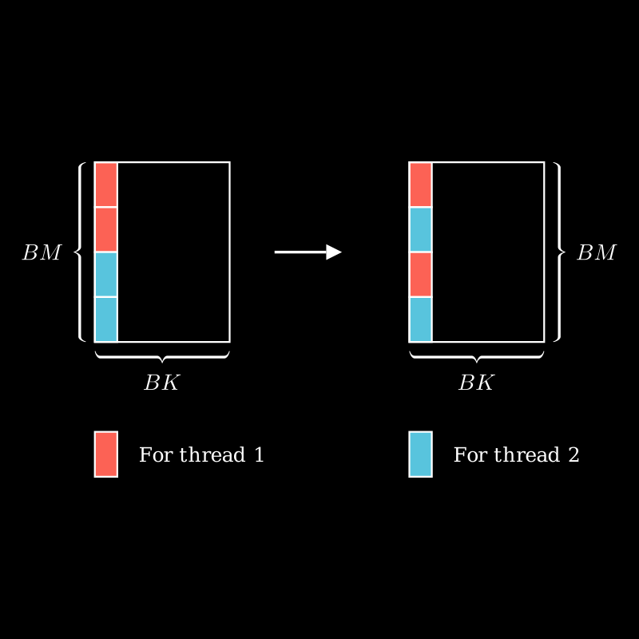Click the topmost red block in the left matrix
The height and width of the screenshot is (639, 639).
pos(106,185)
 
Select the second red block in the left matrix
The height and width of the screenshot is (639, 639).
pos(106,229)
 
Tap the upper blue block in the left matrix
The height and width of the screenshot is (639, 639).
pos(106,274)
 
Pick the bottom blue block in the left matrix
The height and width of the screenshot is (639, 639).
pos(106,319)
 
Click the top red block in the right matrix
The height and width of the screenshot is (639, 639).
pos(421,185)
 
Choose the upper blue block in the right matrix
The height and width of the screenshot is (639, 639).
pos(421,229)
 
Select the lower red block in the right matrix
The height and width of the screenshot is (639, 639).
pos(421,274)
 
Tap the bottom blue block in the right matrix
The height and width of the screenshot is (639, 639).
pos(421,319)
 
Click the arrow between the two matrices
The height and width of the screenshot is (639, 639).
pos(308,252)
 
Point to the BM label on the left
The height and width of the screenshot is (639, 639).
pos(42,253)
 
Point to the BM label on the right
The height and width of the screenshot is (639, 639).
pos(597,253)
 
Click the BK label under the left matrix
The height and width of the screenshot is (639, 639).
pos(161,383)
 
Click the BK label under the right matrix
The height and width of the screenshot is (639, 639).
pos(476,383)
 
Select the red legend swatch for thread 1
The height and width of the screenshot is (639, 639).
pos(106,454)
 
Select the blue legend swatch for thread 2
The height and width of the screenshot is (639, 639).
pos(421,454)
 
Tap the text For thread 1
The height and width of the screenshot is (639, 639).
pos(201,455)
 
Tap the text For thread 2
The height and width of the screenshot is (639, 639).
pos(516,455)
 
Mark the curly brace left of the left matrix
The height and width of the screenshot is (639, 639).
pos(80,252)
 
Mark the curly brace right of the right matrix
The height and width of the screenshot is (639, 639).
pos(558,252)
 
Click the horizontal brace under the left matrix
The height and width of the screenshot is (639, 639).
pos(162,356)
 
